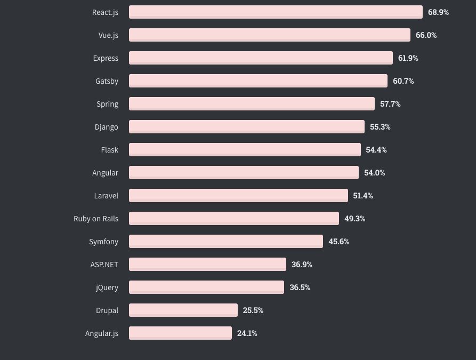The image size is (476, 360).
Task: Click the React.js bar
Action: (x=276, y=12)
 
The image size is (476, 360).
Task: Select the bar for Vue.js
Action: (x=269, y=35)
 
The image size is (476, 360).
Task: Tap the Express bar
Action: (x=261, y=58)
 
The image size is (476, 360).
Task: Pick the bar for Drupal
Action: (x=183, y=310)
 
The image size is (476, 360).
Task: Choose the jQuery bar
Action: (x=206, y=287)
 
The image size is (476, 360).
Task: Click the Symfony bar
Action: (x=226, y=242)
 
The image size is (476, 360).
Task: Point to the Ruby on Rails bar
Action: (x=234, y=219)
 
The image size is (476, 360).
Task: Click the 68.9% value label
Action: (x=438, y=12)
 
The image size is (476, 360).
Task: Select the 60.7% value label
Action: (x=404, y=81)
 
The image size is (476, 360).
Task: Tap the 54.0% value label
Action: (x=374, y=173)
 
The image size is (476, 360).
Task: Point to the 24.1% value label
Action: (x=247, y=333)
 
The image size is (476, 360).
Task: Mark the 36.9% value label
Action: (x=302, y=265)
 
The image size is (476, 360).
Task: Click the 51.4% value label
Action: (x=363, y=196)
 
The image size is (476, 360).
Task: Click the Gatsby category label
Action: (x=107, y=81)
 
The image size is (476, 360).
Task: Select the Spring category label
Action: (x=107, y=104)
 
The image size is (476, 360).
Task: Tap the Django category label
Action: (x=106, y=127)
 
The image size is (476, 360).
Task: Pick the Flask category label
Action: (x=109, y=150)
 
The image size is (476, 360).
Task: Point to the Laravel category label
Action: (x=106, y=196)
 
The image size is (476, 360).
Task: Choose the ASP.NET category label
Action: (x=104, y=265)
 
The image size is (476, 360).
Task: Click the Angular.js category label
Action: (x=101, y=333)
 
